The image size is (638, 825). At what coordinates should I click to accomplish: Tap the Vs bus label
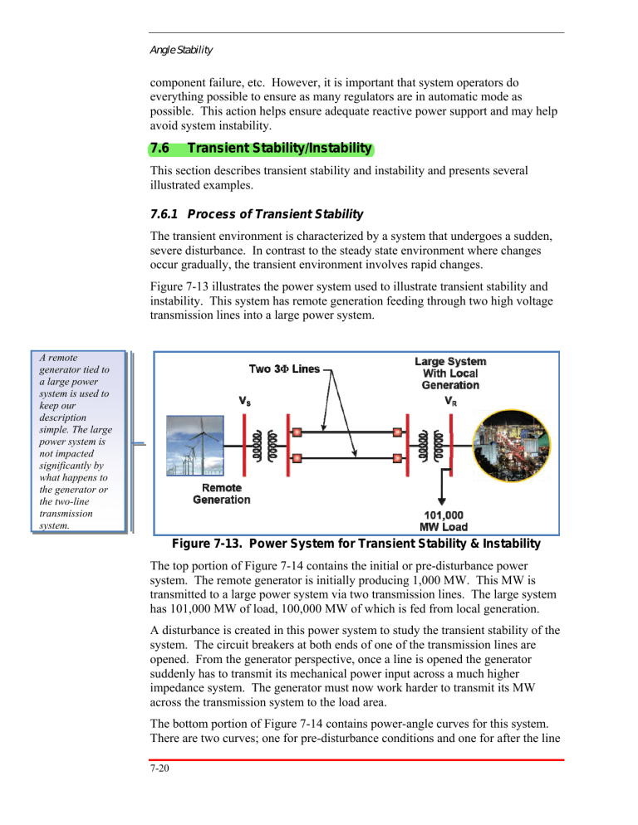click(246, 400)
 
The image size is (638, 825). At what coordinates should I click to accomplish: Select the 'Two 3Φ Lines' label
click(284, 369)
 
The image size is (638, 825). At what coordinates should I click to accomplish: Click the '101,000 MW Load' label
click(439, 520)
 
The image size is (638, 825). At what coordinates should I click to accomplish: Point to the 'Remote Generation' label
click(221, 494)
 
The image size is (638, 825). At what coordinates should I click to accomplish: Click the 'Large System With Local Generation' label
click(450, 373)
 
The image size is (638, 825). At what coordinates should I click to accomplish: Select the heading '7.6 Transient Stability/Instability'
click(260, 149)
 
